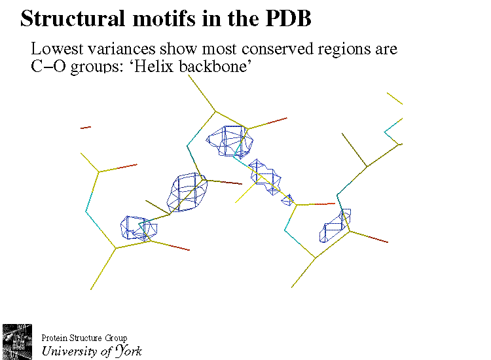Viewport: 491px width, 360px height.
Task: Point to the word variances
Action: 115,49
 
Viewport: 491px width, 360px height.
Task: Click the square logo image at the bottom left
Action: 17,340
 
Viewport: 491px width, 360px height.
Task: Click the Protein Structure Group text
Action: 84,338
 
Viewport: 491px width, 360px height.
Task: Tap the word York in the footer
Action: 128,351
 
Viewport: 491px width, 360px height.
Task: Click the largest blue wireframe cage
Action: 188,192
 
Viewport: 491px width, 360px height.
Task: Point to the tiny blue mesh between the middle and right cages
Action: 287,199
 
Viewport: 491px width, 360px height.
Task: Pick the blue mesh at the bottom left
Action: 137,228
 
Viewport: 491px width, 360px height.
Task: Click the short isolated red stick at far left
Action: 86,128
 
